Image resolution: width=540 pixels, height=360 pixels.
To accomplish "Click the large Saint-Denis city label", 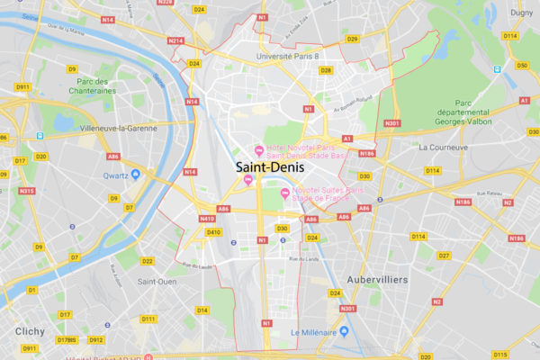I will point(270,167).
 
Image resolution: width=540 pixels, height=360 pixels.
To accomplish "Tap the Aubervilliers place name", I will point(377,280).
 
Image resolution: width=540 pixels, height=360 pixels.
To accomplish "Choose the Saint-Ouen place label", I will point(156,281).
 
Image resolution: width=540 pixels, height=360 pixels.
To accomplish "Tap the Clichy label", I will point(30,331).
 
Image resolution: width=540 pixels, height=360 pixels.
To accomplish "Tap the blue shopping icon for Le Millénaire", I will point(343,332).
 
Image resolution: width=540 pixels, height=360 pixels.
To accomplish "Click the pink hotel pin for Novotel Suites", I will point(285,193).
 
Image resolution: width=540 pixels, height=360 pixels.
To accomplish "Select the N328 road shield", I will point(165,3).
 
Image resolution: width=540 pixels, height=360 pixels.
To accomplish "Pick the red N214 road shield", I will point(175,40).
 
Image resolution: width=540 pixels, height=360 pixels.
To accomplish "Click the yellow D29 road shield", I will point(352,39).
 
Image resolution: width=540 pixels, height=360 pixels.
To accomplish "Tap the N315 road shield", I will point(27,191).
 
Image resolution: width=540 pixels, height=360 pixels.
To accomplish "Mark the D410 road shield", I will point(213,232).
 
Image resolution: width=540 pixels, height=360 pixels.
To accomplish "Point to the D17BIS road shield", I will point(67,340).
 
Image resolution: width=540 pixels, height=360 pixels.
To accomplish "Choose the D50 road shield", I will point(522,65).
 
